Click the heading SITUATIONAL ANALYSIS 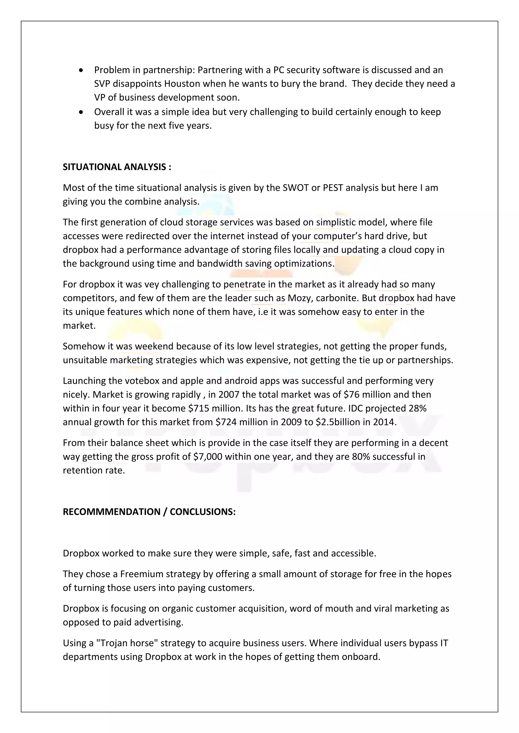tap(117, 167)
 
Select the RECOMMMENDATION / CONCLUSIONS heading tap(149, 512)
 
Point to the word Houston tap(182, 84)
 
